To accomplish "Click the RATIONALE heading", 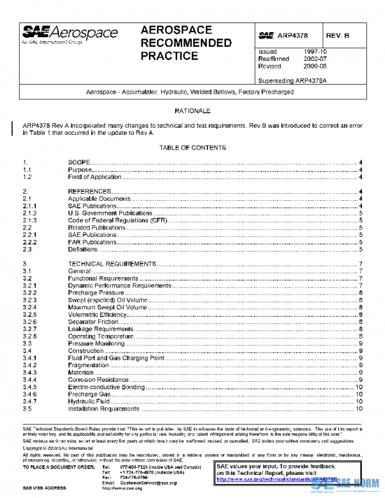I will coord(193,111).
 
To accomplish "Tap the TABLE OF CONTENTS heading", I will coord(193,148).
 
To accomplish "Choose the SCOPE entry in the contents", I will coord(79,162).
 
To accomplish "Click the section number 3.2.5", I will coord(30,315).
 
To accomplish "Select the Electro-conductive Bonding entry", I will coord(106,387).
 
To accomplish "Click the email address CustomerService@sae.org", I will coord(148,483).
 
